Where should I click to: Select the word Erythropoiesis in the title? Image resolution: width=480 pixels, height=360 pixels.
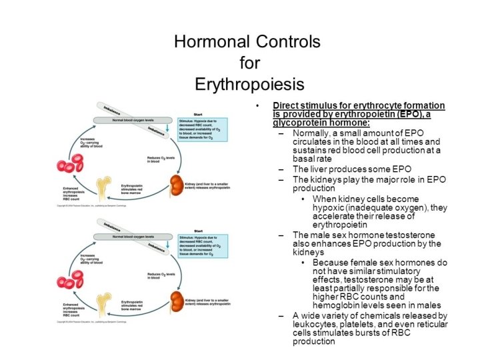click(249, 85)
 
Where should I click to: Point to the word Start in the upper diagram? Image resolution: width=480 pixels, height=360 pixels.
click(198, 114)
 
